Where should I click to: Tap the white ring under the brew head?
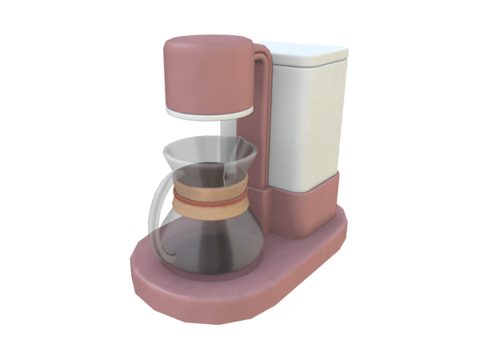click(210, 113)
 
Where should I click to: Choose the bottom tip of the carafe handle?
click(164, 255)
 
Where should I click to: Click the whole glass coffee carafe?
click(208, 212)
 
